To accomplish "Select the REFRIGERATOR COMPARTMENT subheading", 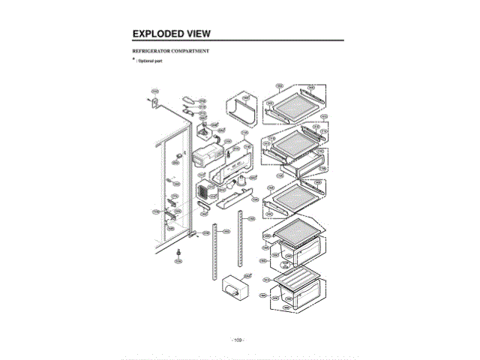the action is [x=170, y=51].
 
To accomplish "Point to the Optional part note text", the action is [x=150, y=60].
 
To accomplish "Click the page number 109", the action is [x=238, y=340].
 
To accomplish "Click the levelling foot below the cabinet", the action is [x=178, y=256].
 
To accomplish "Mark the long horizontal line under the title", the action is [x=238, y=40].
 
